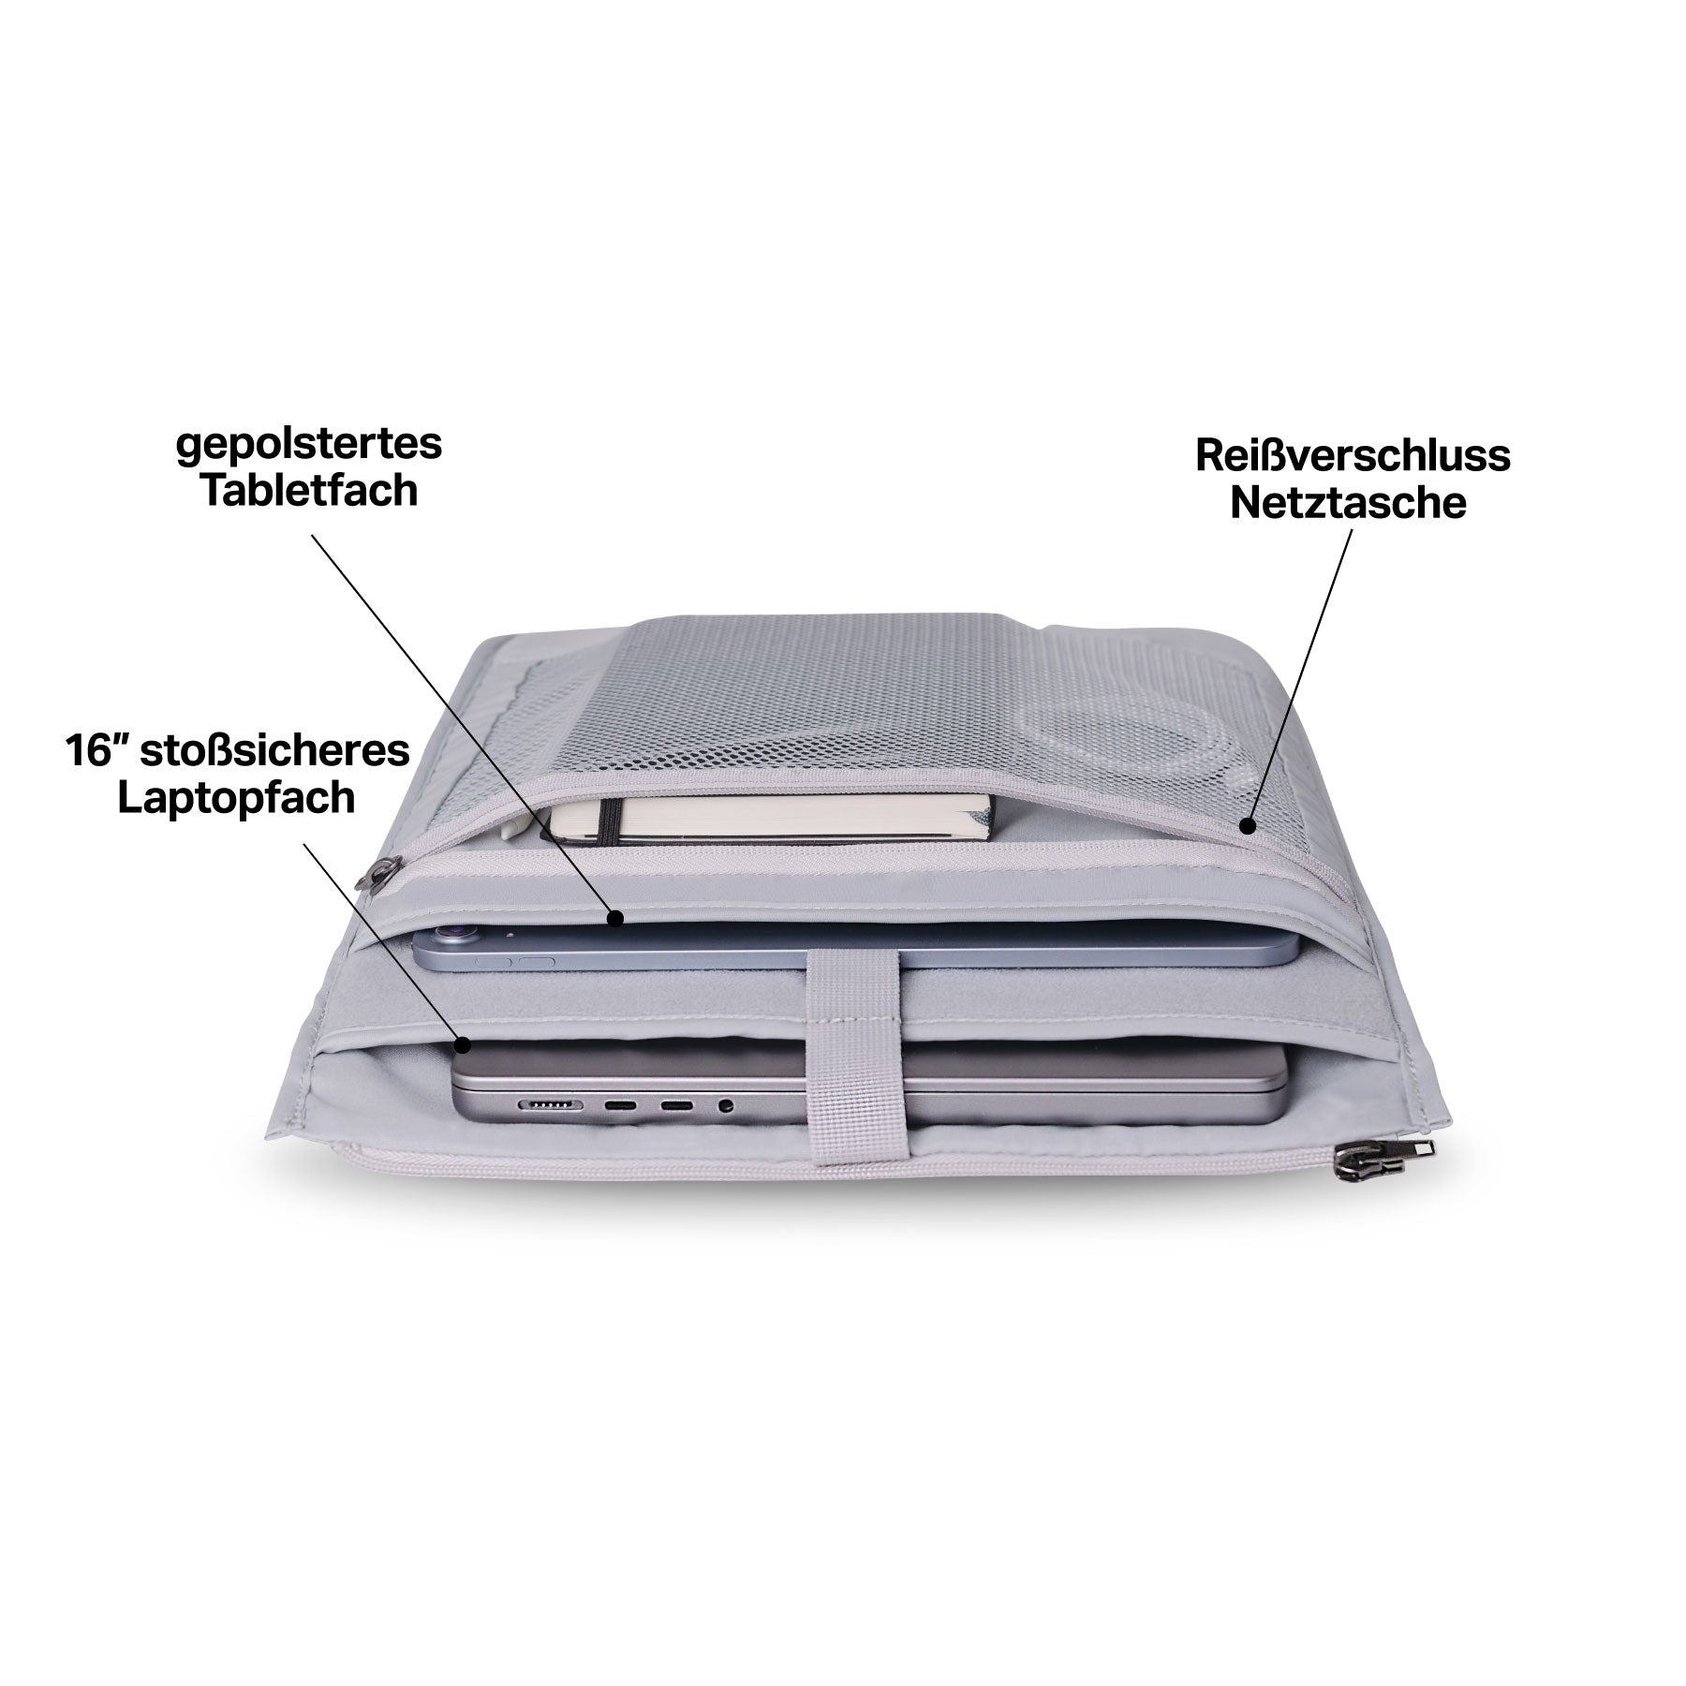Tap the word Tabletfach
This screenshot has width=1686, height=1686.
click(x=309, y=490)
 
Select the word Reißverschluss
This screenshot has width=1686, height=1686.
click(x=1353, y=456)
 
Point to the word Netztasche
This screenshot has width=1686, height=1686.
click(x=1348, y=503)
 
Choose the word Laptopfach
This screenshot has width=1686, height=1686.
click(x=236, y=798)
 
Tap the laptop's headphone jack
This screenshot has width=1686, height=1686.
click(x=724, y=1106)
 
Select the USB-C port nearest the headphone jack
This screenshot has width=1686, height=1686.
click(x=678, y=1106)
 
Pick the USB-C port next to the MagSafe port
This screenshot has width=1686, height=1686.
click(x=620, y=1106)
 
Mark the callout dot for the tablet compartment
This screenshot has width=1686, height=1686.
click(x=614, y=919)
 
